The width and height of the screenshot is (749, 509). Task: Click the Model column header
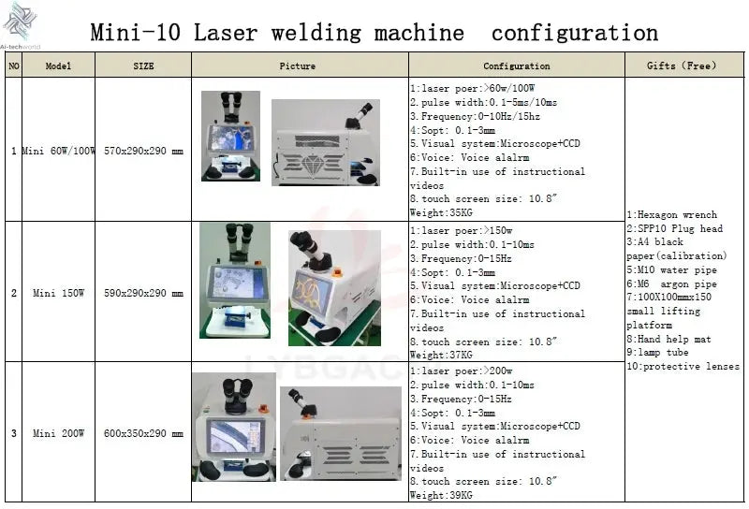click(58, 66)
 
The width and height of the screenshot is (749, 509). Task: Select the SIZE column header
click(143, 66)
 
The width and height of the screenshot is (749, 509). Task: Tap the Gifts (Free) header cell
click(682, 66)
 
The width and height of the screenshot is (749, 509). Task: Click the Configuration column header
click(516, 66)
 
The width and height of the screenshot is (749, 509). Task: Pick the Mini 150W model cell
click(58, 294)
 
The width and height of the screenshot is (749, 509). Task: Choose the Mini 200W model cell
click(58, 434)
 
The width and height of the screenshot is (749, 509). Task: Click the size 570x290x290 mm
click(143, 151)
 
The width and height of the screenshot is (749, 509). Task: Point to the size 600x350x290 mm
click(143, 434)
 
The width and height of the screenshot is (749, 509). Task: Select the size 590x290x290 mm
click(143, 294)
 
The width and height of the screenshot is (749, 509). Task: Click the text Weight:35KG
click(441, 213)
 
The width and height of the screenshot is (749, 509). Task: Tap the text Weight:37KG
click(441, 356)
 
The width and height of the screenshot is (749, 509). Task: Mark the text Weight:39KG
click(441, 496)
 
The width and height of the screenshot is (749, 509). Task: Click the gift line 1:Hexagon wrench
click(671, 215)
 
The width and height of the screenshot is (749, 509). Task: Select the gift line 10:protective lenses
click(683, 367)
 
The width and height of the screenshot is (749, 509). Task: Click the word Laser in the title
click(226, 33)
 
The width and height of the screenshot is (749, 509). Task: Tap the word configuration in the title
click(574, 33)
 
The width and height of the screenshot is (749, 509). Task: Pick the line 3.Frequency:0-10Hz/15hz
click(475, 116)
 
